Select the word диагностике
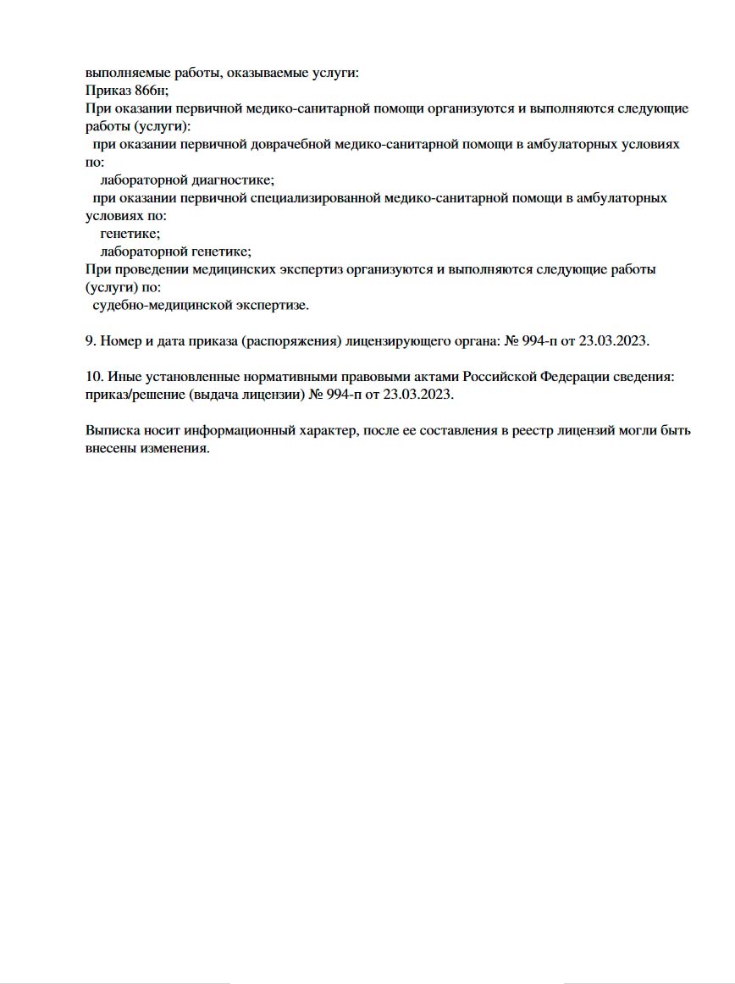(x=235, y=180)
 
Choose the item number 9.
(x=91, y=341)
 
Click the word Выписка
(x=112, y=430)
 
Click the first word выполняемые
(x=124, y=73)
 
